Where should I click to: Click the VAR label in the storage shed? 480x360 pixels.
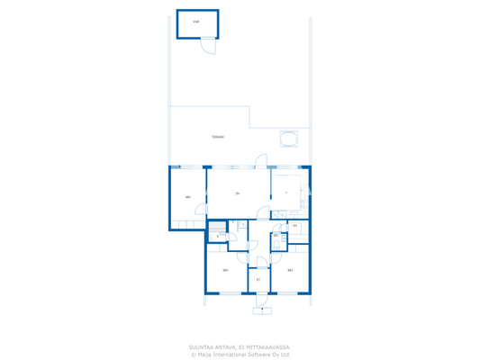pos(196,22)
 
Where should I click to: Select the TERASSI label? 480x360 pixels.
pos(217,137)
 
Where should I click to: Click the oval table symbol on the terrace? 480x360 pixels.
pos(289,139)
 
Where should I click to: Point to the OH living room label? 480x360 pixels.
pos(238,193)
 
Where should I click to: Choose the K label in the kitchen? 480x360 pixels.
pos(286,193)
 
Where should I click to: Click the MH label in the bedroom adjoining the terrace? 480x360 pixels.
pos(188,197)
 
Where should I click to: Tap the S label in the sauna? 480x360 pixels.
pos(218,237)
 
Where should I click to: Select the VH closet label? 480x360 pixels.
pos(294,226)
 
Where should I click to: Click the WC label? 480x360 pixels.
pos(276,236)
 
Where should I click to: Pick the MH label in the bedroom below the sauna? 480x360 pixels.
pos(225,270)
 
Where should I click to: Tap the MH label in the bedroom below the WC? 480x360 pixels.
pos(290,270)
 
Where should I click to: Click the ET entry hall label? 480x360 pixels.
pos(258,280)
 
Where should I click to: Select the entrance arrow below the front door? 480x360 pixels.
pos(262,310)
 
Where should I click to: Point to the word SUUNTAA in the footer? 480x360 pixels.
pos(201,346)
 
